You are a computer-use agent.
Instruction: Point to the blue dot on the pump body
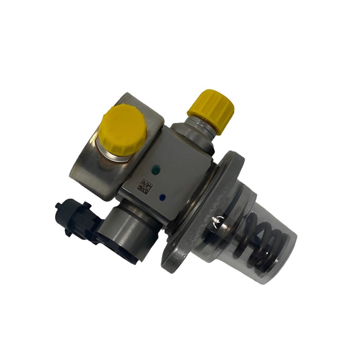[163, 196]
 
